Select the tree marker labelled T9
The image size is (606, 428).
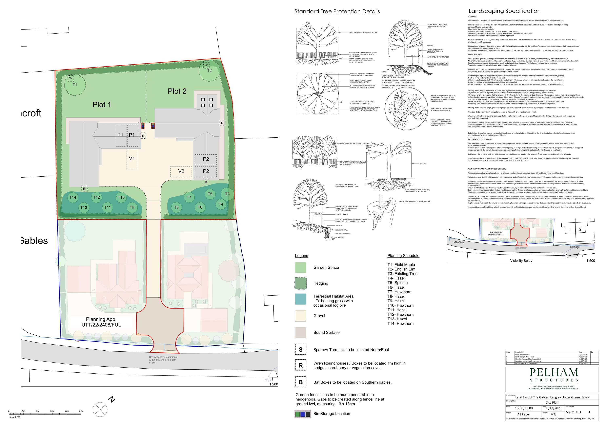click(132, 208)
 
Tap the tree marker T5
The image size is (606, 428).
click(210, 194)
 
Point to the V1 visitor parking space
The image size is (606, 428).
click(132, 159)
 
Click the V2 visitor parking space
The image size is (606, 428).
click(181, 171)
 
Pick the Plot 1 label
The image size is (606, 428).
click(102, 105)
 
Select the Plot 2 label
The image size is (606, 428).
click(177, 91)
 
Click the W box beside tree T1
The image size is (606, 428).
click(70, 78)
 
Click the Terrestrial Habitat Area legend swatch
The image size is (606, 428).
click(300, 299)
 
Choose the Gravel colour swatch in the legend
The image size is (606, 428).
click(300, 316)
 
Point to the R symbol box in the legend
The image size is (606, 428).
click(300, 366)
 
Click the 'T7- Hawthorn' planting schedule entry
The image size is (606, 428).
click(399, 292)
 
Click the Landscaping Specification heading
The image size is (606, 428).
click(504, 11)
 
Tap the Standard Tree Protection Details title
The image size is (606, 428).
click(337, 12)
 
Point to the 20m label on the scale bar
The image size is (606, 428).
click(81, 411)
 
